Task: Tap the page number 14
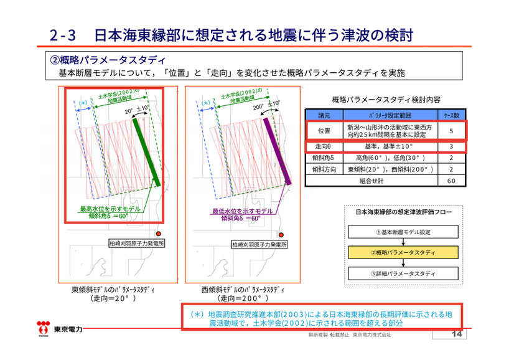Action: pos(457,335)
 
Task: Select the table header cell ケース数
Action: pos(451,115)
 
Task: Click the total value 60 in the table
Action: pos(451,181)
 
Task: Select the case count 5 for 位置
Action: pos(451,130)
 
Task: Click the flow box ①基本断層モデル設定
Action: pos(403,232)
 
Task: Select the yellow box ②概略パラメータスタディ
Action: pos(403,253)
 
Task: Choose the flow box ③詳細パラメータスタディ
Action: pos(403,274)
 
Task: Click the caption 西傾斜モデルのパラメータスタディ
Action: pos(238,290)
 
